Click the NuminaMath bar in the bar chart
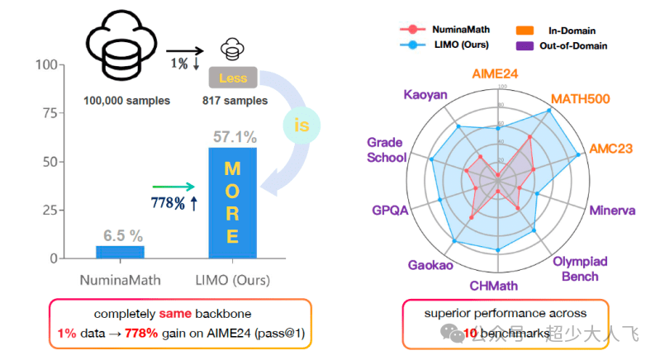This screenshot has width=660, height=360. [x=120, y=252]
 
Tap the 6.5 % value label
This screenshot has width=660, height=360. [x=120, y=235]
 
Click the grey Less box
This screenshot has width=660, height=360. [x=234, y=78]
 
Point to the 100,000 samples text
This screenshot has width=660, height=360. [x=126, y=101]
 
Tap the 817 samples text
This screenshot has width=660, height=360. [x=235, y=101]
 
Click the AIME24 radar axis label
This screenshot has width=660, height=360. [x=496, y=73]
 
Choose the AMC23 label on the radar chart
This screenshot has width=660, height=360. [x=610, y=149]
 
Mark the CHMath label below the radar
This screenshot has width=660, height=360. [x=494, y=286]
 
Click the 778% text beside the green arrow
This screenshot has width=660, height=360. [x=168, y=201]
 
